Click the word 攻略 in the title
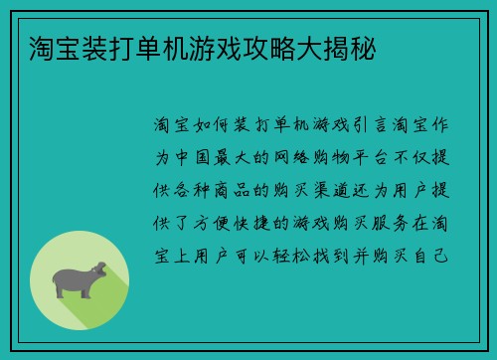click(280, 47)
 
